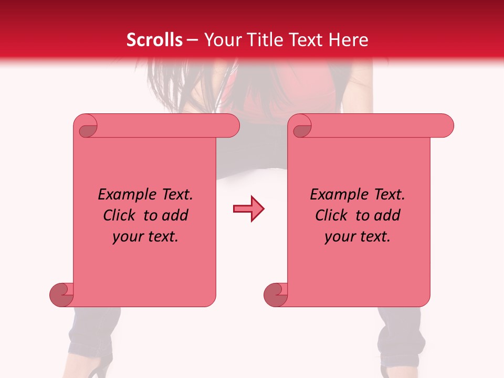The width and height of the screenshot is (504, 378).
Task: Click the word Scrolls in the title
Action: coord(154,40)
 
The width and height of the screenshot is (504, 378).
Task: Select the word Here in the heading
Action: coord(349,40)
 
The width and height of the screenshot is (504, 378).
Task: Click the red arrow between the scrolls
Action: coord(249,209)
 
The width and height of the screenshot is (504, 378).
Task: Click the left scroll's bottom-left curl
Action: coord(61,294)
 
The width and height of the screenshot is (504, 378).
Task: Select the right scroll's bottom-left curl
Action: coord(276,294)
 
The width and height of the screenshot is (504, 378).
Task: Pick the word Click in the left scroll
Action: coord(120,215)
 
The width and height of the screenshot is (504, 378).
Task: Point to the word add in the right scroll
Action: coord(387,215)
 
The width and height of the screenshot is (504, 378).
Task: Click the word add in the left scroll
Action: coord(175,215)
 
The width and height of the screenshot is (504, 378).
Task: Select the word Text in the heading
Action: coord(307,40)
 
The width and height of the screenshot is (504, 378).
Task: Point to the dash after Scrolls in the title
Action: coord(192,40)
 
